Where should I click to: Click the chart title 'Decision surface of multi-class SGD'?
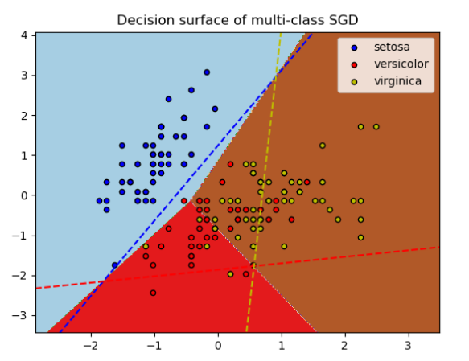(x=237, y=20)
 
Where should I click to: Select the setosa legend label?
(x=392, y=47)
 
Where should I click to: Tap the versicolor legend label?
(x=401, y=64)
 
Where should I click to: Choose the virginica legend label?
(x=397, y=81)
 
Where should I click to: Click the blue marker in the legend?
(x=355, y=47)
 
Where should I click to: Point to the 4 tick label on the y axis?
(x=24, y=35)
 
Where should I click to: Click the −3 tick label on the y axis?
(x=19, y=316)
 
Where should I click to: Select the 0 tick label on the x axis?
(x=218, y=346)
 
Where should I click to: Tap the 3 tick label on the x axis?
(x=408, y=346)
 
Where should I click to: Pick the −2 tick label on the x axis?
(x=91, y=346)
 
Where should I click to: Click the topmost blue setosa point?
(x=207, y=72)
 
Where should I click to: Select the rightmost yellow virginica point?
(x=376, y=127)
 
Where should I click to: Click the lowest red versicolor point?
(x=153, y=293)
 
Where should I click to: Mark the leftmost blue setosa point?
(x=99, y=201)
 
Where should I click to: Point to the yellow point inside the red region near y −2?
(x=230, y=274)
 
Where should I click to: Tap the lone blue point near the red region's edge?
(x=114, y=265)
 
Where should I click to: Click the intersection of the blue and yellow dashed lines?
(x=275, y=76)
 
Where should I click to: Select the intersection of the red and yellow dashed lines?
(x=253, y=265)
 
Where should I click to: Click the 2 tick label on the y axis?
(x=24, y=116)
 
